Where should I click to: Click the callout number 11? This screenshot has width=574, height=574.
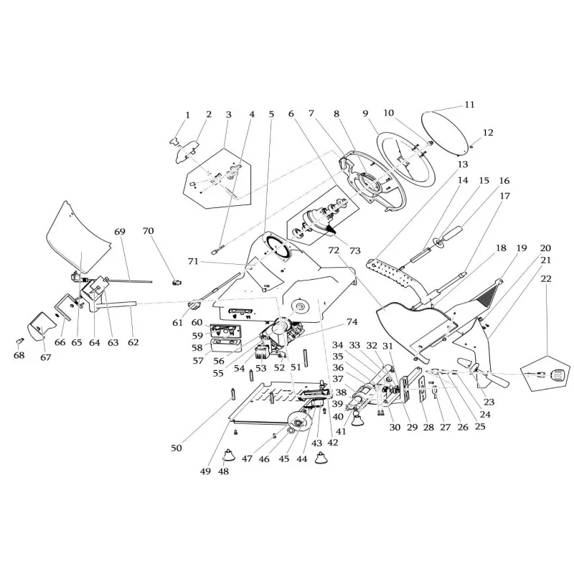coord(469,105)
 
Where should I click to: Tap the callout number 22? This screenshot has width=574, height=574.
coord(547,278)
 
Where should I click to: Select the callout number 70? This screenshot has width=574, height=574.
coord(149,231)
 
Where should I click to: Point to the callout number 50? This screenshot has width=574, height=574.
coord(177,448)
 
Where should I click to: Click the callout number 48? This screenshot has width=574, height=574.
coord(225,472)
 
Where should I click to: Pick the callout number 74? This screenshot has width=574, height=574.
coord(352,321)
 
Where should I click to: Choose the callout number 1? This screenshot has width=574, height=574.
coord(188,115)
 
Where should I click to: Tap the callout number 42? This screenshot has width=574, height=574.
coord(331,443)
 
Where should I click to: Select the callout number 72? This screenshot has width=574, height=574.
coord(334,250)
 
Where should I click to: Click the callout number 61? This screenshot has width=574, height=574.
coord(177,323)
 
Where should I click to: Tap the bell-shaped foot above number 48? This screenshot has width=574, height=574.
coord(227,455)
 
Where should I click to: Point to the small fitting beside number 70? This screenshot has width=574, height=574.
coord(176,279)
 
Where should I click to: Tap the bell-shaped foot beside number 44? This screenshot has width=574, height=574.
coord(321,459)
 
